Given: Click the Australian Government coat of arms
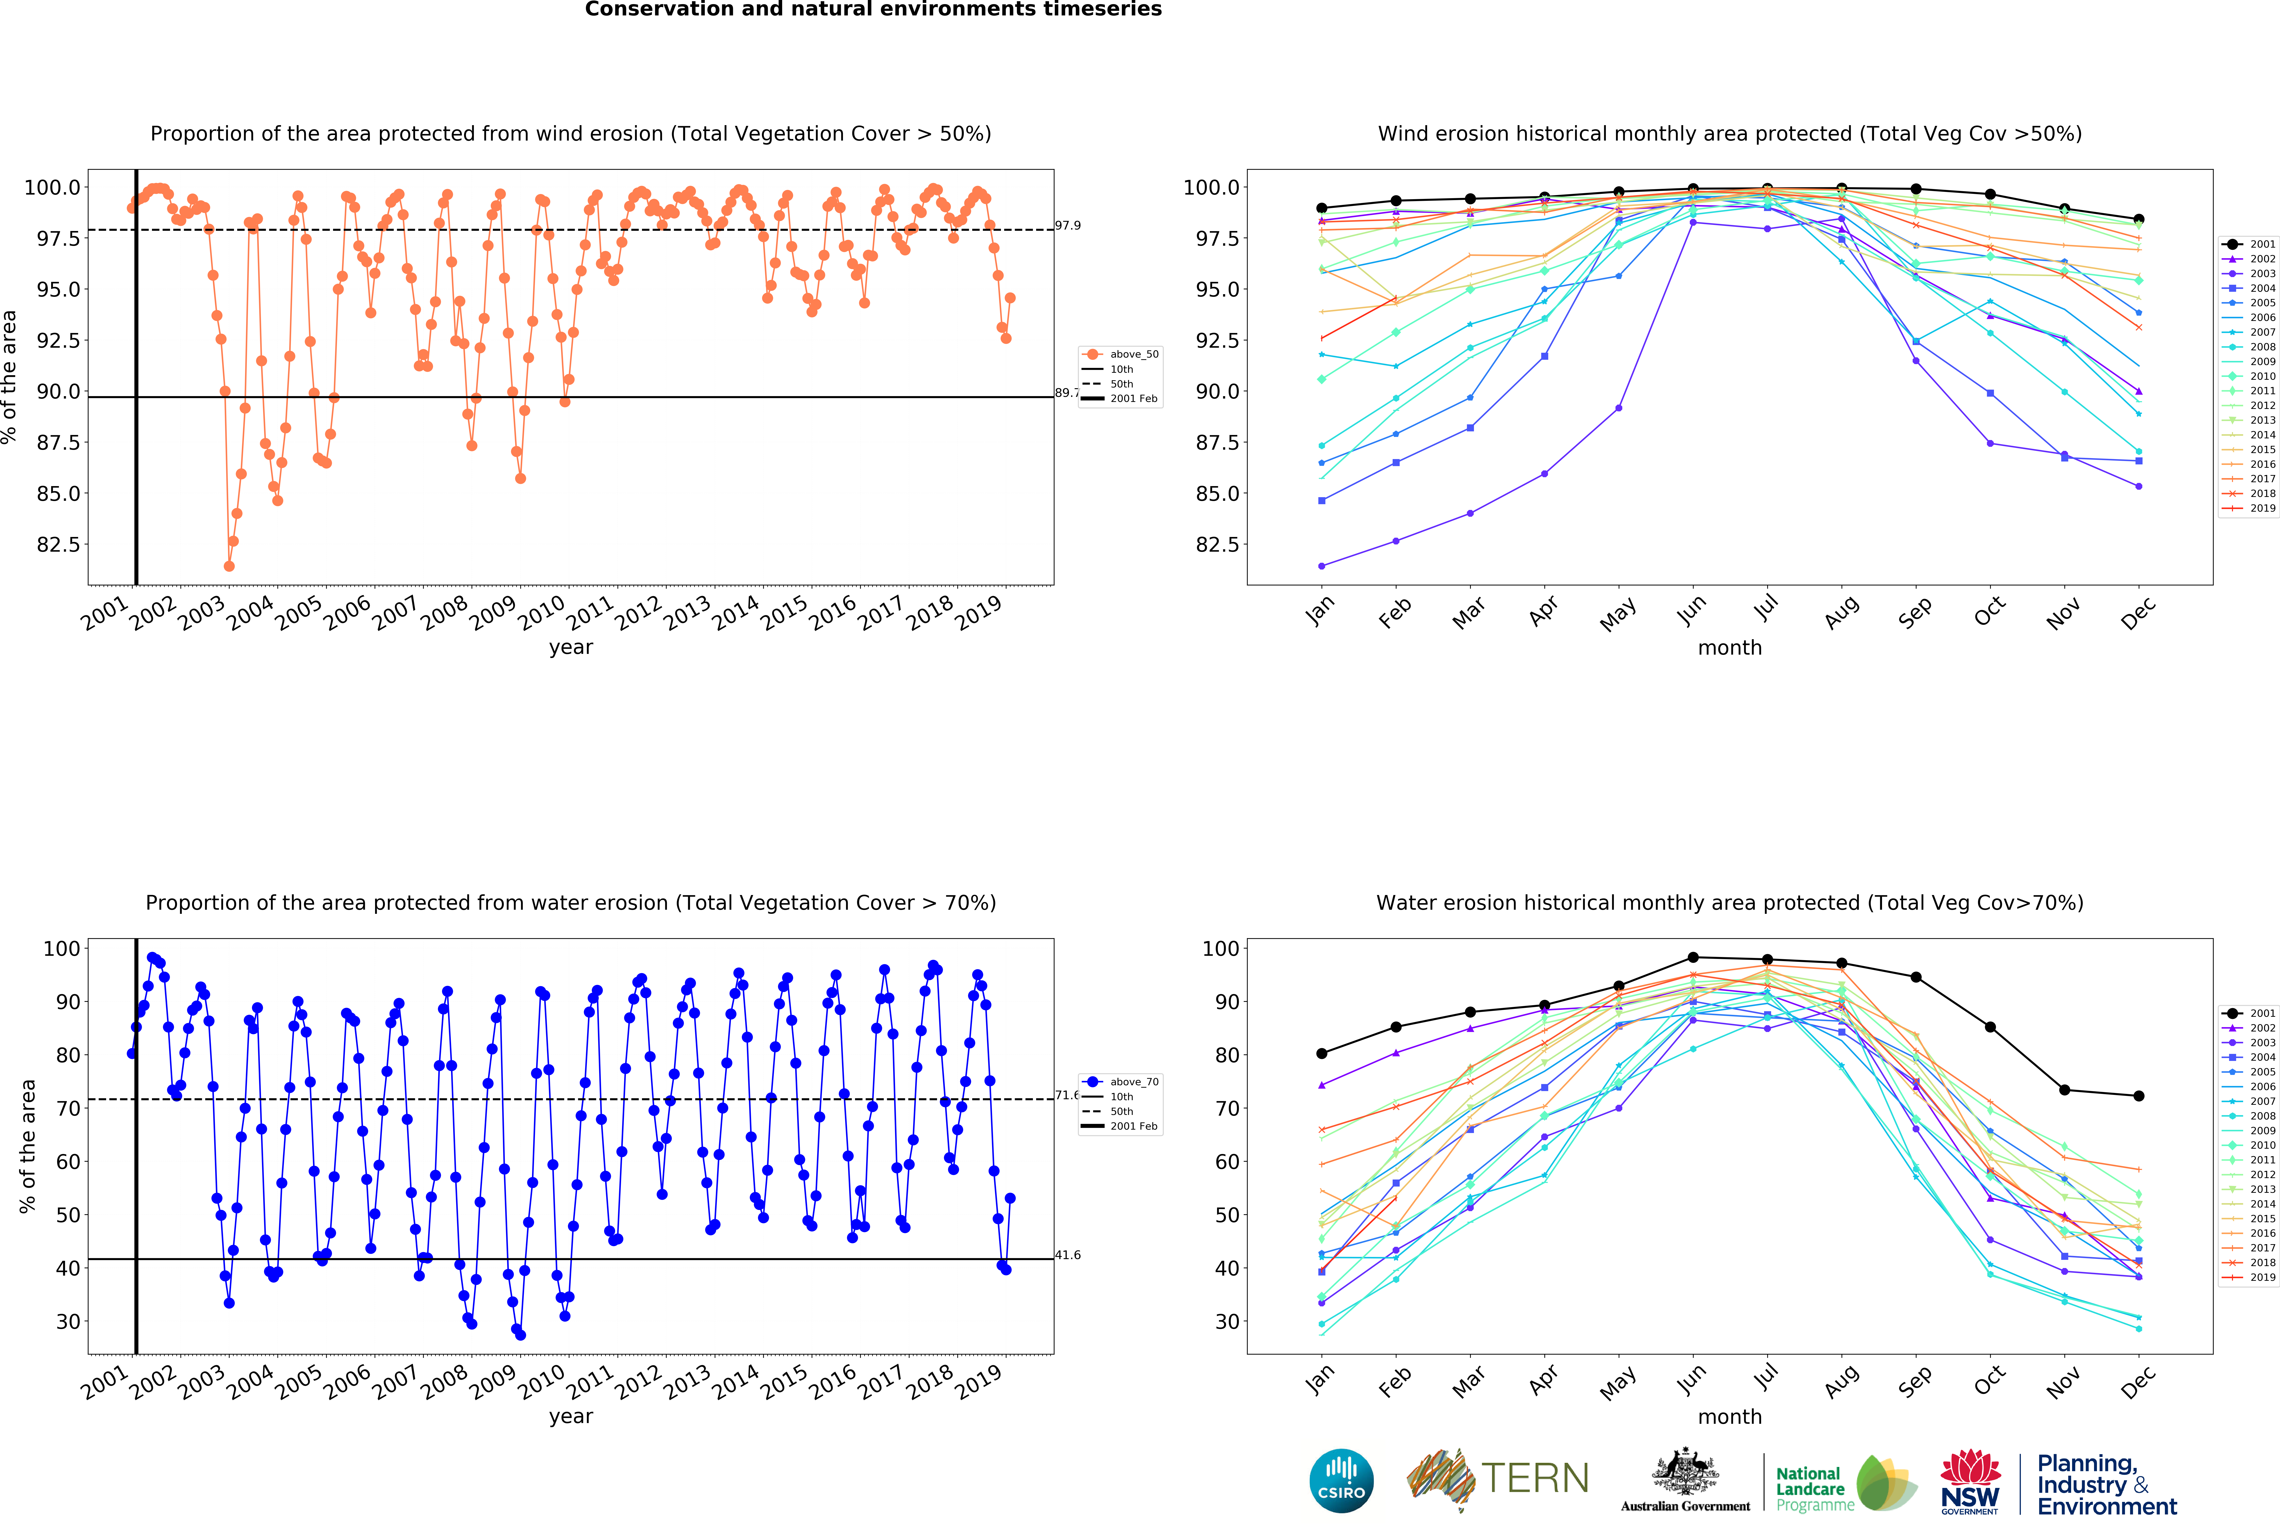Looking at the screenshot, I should tap(1684, 1471).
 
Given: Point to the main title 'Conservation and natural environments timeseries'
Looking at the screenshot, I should tap(873, 10).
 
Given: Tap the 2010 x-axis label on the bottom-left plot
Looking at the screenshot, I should tap(541, 1381).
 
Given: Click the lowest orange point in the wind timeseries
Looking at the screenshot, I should tap(229, 566).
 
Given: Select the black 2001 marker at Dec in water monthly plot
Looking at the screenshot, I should tap(2139, 1096).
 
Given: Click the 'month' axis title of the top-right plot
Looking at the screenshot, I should tap(1730, 647).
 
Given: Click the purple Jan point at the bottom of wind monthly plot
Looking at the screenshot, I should tap(1321, 566).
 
